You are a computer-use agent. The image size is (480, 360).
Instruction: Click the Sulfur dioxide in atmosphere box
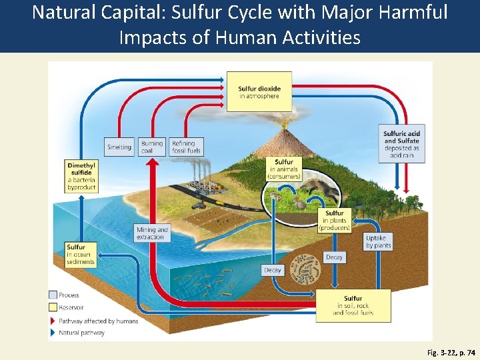(259, 92)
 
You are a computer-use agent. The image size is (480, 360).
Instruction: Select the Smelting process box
(119, 147)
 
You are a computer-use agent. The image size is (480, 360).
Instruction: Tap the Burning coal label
(152, 147)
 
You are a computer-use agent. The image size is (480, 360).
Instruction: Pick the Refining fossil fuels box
(186, 147)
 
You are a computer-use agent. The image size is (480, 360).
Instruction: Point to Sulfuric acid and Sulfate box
(401, 144)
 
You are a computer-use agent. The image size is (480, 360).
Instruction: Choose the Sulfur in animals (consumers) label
(284, 169)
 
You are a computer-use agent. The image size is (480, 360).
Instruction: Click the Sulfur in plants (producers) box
(335, 221)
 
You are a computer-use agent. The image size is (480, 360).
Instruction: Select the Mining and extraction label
(152, 233)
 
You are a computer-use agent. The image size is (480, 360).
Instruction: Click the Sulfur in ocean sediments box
(80, 254)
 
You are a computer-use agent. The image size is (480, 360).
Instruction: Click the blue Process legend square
(53, 295)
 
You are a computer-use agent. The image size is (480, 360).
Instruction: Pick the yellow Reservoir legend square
(53, 307)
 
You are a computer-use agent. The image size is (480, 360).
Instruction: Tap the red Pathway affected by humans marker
(53, 321)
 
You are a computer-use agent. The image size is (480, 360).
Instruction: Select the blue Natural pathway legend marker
(53, 333)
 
